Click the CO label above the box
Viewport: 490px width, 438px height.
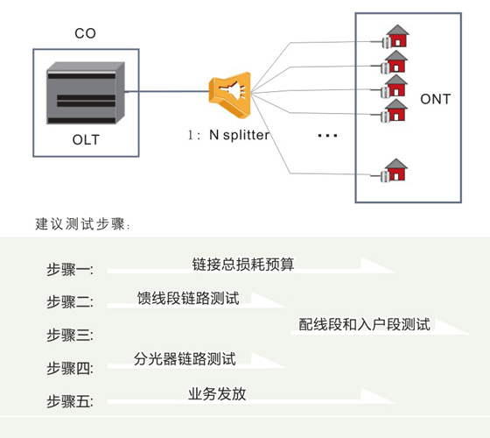tap(85, 33)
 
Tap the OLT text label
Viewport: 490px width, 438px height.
tap(86, 139)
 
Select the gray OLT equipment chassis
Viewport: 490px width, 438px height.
tap(86, 93)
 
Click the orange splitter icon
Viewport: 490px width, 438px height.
tap(230, 95)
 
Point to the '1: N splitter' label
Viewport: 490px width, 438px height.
tap(228, 135)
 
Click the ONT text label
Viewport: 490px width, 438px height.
tap(436, 99)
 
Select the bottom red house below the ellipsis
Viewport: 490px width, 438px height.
tap(395, 170)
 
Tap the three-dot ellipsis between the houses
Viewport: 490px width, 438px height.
tap(327, 136)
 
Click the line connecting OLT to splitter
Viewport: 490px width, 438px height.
tap(167, 91)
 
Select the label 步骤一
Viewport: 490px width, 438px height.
tap(70, 270)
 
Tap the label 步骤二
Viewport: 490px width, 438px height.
tap(70, 302)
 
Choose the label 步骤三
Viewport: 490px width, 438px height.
tap(70, 335)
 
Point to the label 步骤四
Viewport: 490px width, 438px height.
tap(70, 368)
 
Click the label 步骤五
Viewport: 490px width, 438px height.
tap(70, 401)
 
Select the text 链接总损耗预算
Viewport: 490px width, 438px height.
tap(243, 265)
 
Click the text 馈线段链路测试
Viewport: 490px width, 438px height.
tap(188, 298)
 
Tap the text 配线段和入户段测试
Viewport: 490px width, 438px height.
tap(365, 324)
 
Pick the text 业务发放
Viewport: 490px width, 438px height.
tap(217, 394)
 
